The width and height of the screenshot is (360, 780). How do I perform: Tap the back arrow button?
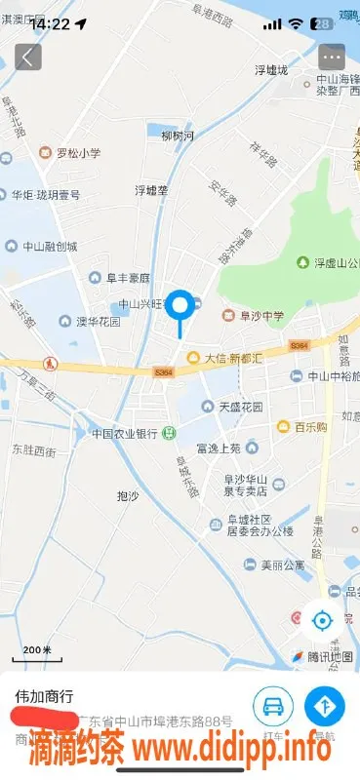click(27, 57)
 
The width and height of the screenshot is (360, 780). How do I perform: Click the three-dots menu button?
click(332, 57)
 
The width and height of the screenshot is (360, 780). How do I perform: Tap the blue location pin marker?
click(180, 307)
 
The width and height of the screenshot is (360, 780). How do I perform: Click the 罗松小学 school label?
click(70, 153)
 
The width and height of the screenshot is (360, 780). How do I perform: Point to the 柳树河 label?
click(178, 136)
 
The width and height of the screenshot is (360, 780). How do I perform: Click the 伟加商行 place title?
click(44, 697)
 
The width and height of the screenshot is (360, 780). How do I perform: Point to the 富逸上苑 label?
click(217, 448)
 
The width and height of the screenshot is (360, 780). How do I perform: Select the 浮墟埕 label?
click(151, 190)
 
